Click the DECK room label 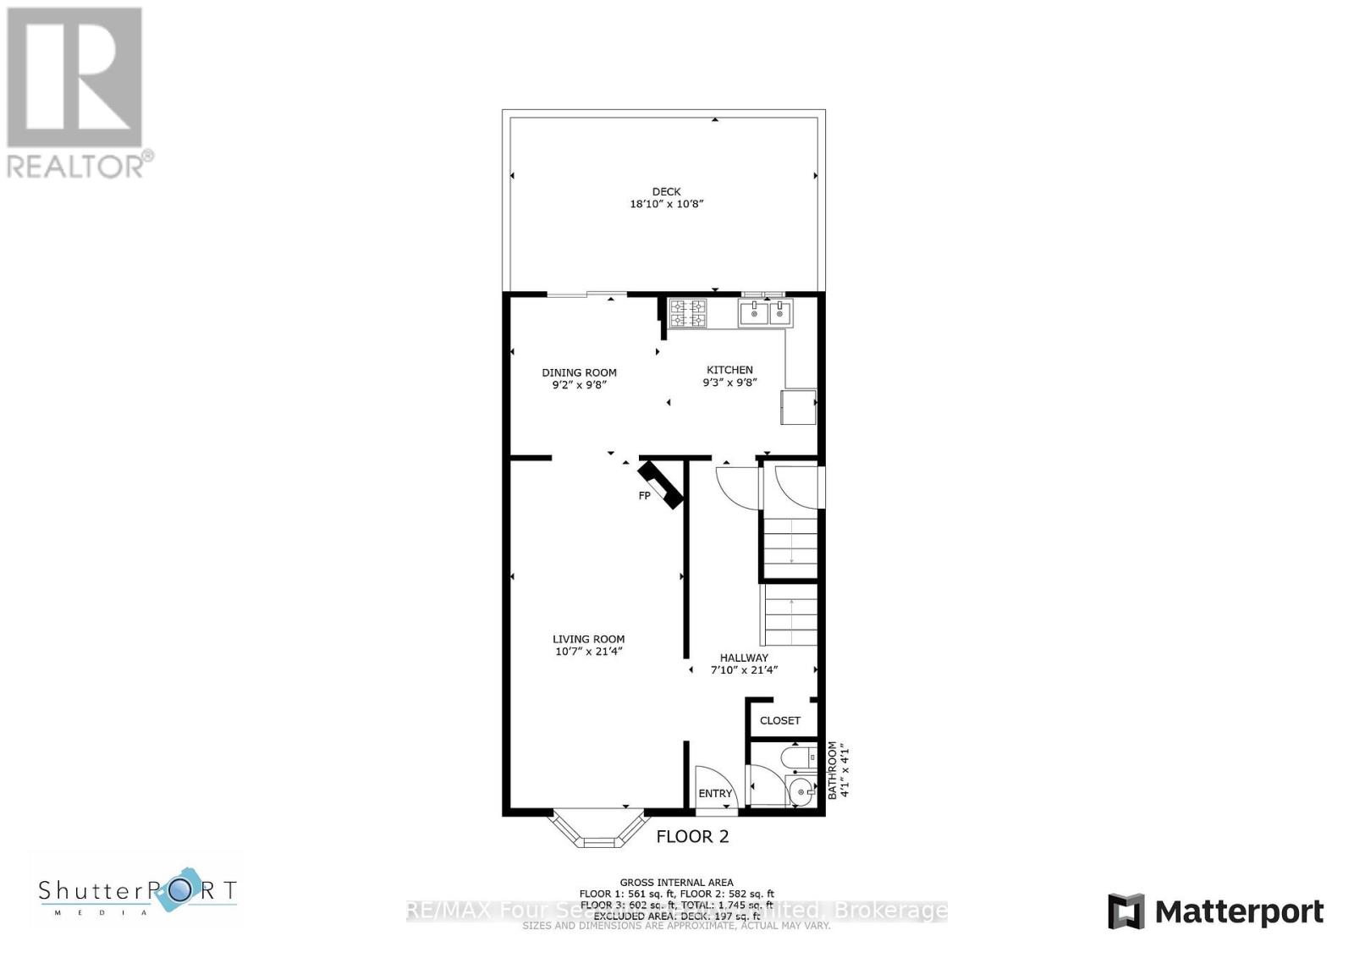(x=666, y=191)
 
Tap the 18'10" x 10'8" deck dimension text (x=666, y=204)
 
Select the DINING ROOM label (x=579, y=372)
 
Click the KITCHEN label (x=729, y=370)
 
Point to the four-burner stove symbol (x=687, y=313)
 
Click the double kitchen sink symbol (x=767, y=313)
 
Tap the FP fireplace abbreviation (x=644, y=496)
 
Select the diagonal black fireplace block (x=661, y=484)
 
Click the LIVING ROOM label (x=588, y=640)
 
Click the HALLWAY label (x=744, y=658)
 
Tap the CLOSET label (x=779, y=721)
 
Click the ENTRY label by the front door (x=715, y=794)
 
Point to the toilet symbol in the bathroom (x=796, y=756)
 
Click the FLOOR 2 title (x=692, y=837)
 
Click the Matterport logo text (x=1239, y=911)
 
